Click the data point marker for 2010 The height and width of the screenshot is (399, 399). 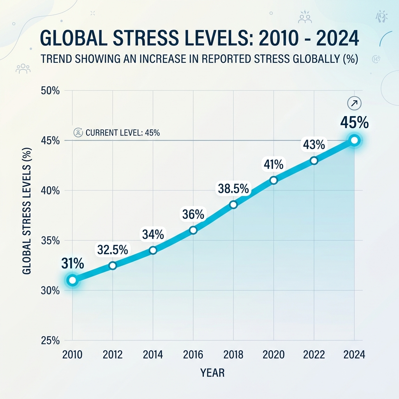[72, 280]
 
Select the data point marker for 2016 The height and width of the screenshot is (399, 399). [193, 230]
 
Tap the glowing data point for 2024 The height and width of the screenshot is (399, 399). [354, 140]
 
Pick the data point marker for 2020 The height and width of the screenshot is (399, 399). [274, 180]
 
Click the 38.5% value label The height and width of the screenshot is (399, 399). [233, 189]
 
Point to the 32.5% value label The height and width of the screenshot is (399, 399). [113, 250]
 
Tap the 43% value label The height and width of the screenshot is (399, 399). [314, 145]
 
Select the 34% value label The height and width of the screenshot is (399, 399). [153, 234]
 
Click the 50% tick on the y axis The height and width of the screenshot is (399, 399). [50, 90]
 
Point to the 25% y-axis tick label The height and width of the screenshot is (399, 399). [50, 341]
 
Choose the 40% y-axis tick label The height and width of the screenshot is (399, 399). [50, 190]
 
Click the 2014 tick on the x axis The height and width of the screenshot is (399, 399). [153, 355]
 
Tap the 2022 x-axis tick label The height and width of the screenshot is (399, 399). [314, 355]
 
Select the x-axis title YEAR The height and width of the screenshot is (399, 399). [212, 373]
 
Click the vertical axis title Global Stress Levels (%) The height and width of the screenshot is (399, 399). [27, 211]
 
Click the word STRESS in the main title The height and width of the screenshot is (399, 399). [146, 38]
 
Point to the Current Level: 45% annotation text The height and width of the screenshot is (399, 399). [123, 132]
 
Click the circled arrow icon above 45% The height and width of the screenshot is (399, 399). [354, 103]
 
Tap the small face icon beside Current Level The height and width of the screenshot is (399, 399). [78, 132]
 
